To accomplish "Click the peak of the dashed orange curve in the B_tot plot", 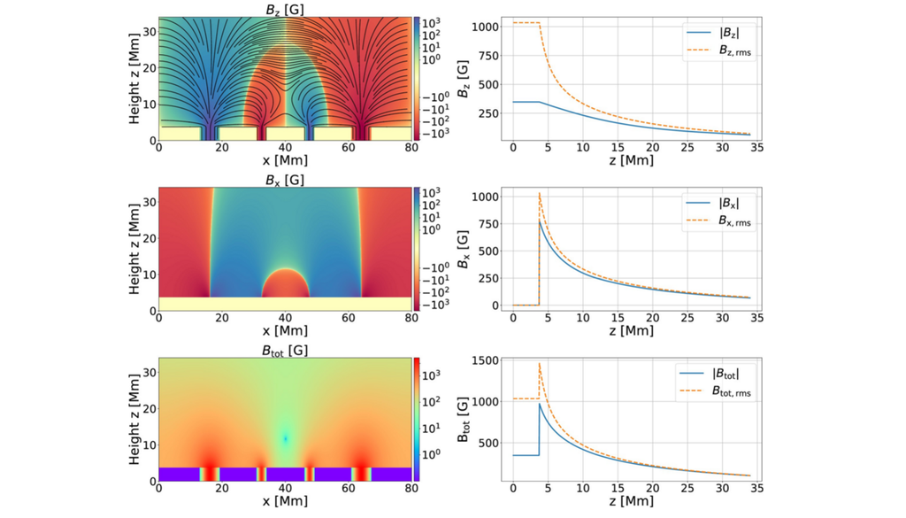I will tap(540, 363).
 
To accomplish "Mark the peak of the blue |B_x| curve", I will tap(540, 221).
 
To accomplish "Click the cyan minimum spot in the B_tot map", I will tap(285, 438).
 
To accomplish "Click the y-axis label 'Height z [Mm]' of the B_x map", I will tap(134, 249).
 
